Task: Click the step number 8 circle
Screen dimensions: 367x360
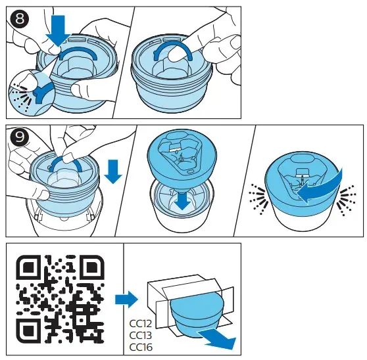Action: tap(20, 18)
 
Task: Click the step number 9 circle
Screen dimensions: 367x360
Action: tap(20, 137)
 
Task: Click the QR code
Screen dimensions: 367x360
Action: tap(60, 299)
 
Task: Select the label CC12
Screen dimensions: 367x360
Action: tap(141, 324)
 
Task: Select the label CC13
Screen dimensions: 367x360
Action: tap(141, 336)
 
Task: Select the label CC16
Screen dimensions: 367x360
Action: tap(141, 347)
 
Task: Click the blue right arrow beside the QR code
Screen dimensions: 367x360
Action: tap(126, 299)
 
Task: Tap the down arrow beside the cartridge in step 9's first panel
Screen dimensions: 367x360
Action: tap(113, 171)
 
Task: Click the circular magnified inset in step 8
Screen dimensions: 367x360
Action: tap(32, 93)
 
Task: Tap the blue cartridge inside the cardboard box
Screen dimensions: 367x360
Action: tap(197, 315)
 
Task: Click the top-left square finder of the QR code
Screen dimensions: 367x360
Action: tap(28, 268)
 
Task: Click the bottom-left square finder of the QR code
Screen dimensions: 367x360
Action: tap(28, 331)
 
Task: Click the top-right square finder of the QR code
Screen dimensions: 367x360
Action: tap(91, 268)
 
